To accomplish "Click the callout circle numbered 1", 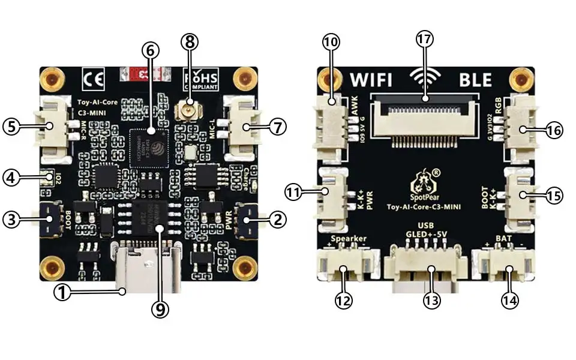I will coord(62,292).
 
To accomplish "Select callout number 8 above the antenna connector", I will coord(189,42).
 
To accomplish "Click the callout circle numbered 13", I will coord(430,300).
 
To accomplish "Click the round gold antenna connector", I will coord(189,110).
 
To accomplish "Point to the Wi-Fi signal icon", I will coord(425,77).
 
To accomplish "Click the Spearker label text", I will coord(349,239).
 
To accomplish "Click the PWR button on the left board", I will coord(247,220).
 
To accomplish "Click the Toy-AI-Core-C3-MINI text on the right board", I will coord(424,207).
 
